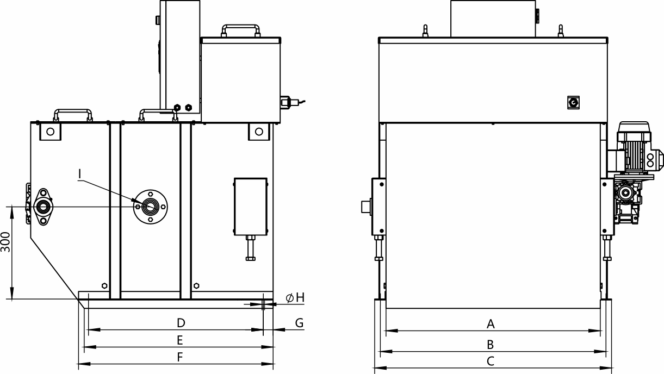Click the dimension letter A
491,324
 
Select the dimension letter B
491,345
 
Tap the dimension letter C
491,361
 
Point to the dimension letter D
181,323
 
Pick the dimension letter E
179,340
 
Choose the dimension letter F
179,357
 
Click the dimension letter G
300,323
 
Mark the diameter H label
295,297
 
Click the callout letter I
79,174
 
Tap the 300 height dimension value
5,242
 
